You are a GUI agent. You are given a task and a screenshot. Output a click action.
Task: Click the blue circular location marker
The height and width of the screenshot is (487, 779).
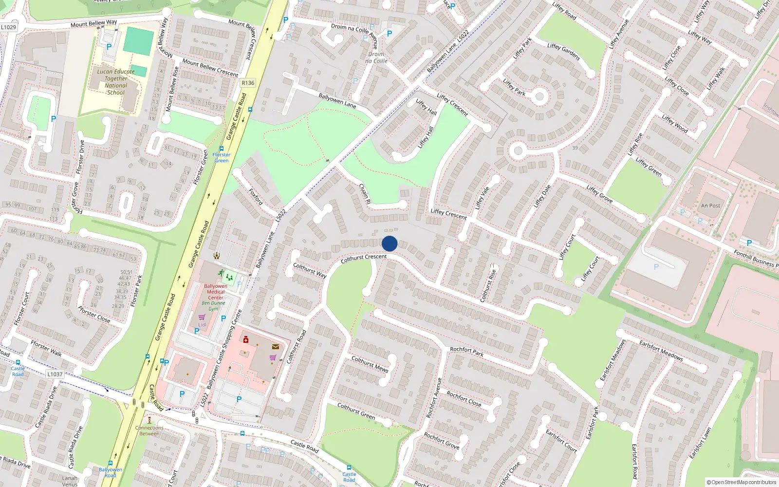pos(389,243)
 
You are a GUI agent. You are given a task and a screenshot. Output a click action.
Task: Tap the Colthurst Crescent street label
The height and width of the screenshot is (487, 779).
pos(364,258)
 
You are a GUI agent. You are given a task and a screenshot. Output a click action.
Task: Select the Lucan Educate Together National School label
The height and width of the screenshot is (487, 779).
pos(116,82)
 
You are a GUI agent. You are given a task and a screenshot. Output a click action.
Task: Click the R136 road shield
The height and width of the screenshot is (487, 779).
pos(248,83)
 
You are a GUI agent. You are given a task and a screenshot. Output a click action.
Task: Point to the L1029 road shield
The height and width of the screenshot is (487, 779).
pos(8,27)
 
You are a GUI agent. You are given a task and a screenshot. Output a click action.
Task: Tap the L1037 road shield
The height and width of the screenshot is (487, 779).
pos(55,374)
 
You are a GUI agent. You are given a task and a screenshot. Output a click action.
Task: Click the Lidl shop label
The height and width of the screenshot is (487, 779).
pos(202,324)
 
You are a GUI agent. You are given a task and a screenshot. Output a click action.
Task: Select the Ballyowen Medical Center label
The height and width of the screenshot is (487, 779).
pos(216,292)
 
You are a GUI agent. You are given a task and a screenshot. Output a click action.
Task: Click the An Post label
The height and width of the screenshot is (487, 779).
pos(710,206)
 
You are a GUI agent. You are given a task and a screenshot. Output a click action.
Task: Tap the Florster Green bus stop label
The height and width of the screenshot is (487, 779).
pos(222,157)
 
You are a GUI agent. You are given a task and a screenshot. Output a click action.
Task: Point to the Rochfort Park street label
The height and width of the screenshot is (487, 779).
pos(466,351)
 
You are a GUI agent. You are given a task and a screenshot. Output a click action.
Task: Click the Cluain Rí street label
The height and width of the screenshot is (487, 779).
pos(365,193)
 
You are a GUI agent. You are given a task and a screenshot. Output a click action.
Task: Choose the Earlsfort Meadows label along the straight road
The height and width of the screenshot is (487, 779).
pos(661,350)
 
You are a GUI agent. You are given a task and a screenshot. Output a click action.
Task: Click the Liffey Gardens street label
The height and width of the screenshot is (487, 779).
pos(563,52)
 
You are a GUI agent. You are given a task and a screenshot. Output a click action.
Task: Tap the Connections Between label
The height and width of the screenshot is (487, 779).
pos(149,431)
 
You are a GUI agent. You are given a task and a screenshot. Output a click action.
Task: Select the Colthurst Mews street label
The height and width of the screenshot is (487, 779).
pos(370,364)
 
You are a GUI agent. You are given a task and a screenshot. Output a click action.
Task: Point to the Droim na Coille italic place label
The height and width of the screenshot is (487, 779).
pos(376,57)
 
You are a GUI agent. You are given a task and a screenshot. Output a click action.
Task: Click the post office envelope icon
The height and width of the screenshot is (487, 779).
pos(275,347)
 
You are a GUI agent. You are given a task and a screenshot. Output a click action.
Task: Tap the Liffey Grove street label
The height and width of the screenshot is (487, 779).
pos(599,194)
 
